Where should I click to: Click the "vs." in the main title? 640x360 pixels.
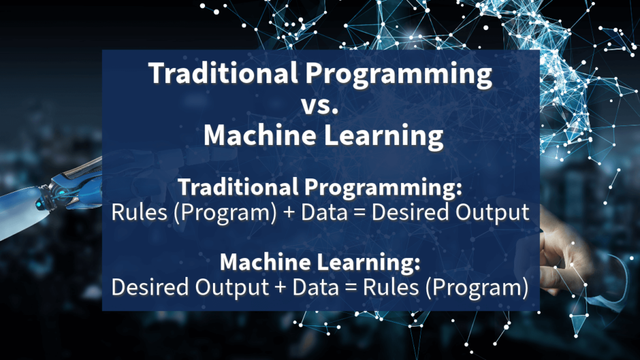320,106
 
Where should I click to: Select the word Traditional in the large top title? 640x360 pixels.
219,74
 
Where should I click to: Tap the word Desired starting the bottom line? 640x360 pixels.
148,287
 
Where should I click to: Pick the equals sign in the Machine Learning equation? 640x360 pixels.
351,287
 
